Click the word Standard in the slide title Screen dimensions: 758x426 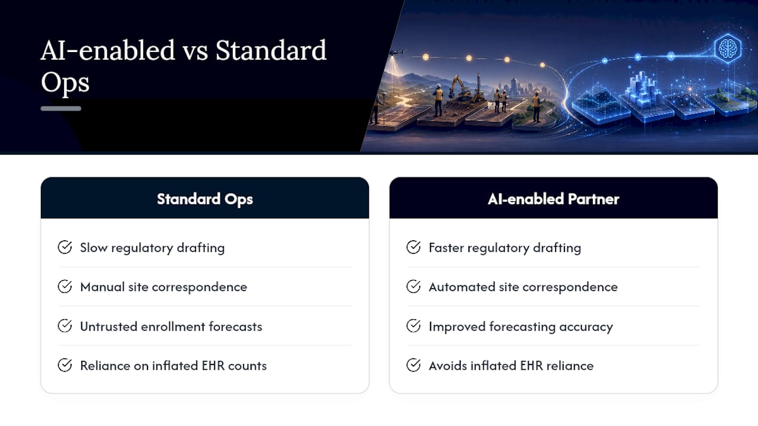coord(271,51)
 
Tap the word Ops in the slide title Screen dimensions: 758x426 coord(65,82)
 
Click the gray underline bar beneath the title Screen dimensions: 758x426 coord(61,108)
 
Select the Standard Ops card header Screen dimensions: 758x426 coord(205,198)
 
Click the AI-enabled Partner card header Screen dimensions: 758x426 coord(553,198)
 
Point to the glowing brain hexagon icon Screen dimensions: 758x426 coord(728,49)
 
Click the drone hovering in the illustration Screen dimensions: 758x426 coord(397,53)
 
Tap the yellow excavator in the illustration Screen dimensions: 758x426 coord(460,89)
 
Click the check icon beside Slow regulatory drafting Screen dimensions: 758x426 coord(65,247)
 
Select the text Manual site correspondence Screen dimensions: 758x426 coord(163,287)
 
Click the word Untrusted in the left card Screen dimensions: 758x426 coord(108,327)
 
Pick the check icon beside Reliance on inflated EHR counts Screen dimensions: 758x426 coord(65,365)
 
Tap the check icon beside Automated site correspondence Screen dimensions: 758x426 coord(413,286)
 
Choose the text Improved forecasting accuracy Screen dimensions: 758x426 coord(521,327)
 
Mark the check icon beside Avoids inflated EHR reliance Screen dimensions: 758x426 coord(413,365)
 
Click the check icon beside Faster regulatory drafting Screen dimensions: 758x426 coord(413,247)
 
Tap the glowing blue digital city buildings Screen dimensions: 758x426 coord(641,89)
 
